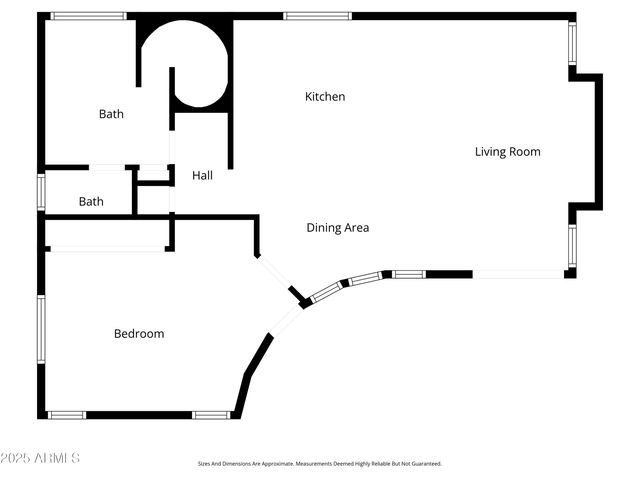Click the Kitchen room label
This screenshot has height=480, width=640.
pos(325,97)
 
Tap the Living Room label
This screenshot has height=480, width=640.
pos(507,152)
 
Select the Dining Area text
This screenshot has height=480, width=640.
pos(337,228)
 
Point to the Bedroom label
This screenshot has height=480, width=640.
pos(139,334)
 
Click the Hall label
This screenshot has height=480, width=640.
pos(202,176)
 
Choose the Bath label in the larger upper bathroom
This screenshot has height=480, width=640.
pos(111,114)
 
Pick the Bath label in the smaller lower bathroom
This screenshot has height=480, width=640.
pos(91,202)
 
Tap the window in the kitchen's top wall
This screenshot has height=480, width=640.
pos(317,16)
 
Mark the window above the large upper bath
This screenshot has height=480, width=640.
pos(88,16)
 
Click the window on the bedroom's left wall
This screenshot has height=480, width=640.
pos(42,329)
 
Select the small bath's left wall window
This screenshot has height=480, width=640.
pos(42,191)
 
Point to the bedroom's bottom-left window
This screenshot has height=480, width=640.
pos(67,415)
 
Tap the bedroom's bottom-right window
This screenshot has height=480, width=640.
pos(211,415)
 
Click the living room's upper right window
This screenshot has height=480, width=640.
pos(572,43)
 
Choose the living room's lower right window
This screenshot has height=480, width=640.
pos(572,246)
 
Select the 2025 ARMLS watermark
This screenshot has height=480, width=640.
pos(41,458)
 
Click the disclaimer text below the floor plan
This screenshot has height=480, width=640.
pos(319,464)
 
